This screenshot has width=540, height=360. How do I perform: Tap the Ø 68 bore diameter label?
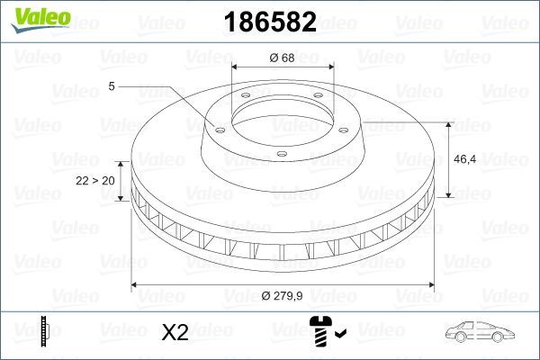(x=282, y=59)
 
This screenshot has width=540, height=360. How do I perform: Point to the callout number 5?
(x=112, y=86)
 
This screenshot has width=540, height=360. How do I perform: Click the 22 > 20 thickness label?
(x=94, y=180)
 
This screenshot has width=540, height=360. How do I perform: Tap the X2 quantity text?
(x=174, y=333)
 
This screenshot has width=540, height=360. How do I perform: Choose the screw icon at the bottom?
(x=320, y=333)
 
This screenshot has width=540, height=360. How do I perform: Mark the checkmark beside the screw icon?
(x=339, y=335)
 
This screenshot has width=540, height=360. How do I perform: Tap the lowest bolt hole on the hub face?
(x=282, y=156)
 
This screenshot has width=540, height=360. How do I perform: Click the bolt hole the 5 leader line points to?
(x=216, y=127)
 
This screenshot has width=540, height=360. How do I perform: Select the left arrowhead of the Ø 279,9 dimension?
(x=135, y=285)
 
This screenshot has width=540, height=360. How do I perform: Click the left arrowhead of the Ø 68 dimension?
(x=235, y=68)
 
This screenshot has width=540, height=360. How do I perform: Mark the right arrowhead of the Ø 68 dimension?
(x=332, y=68)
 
